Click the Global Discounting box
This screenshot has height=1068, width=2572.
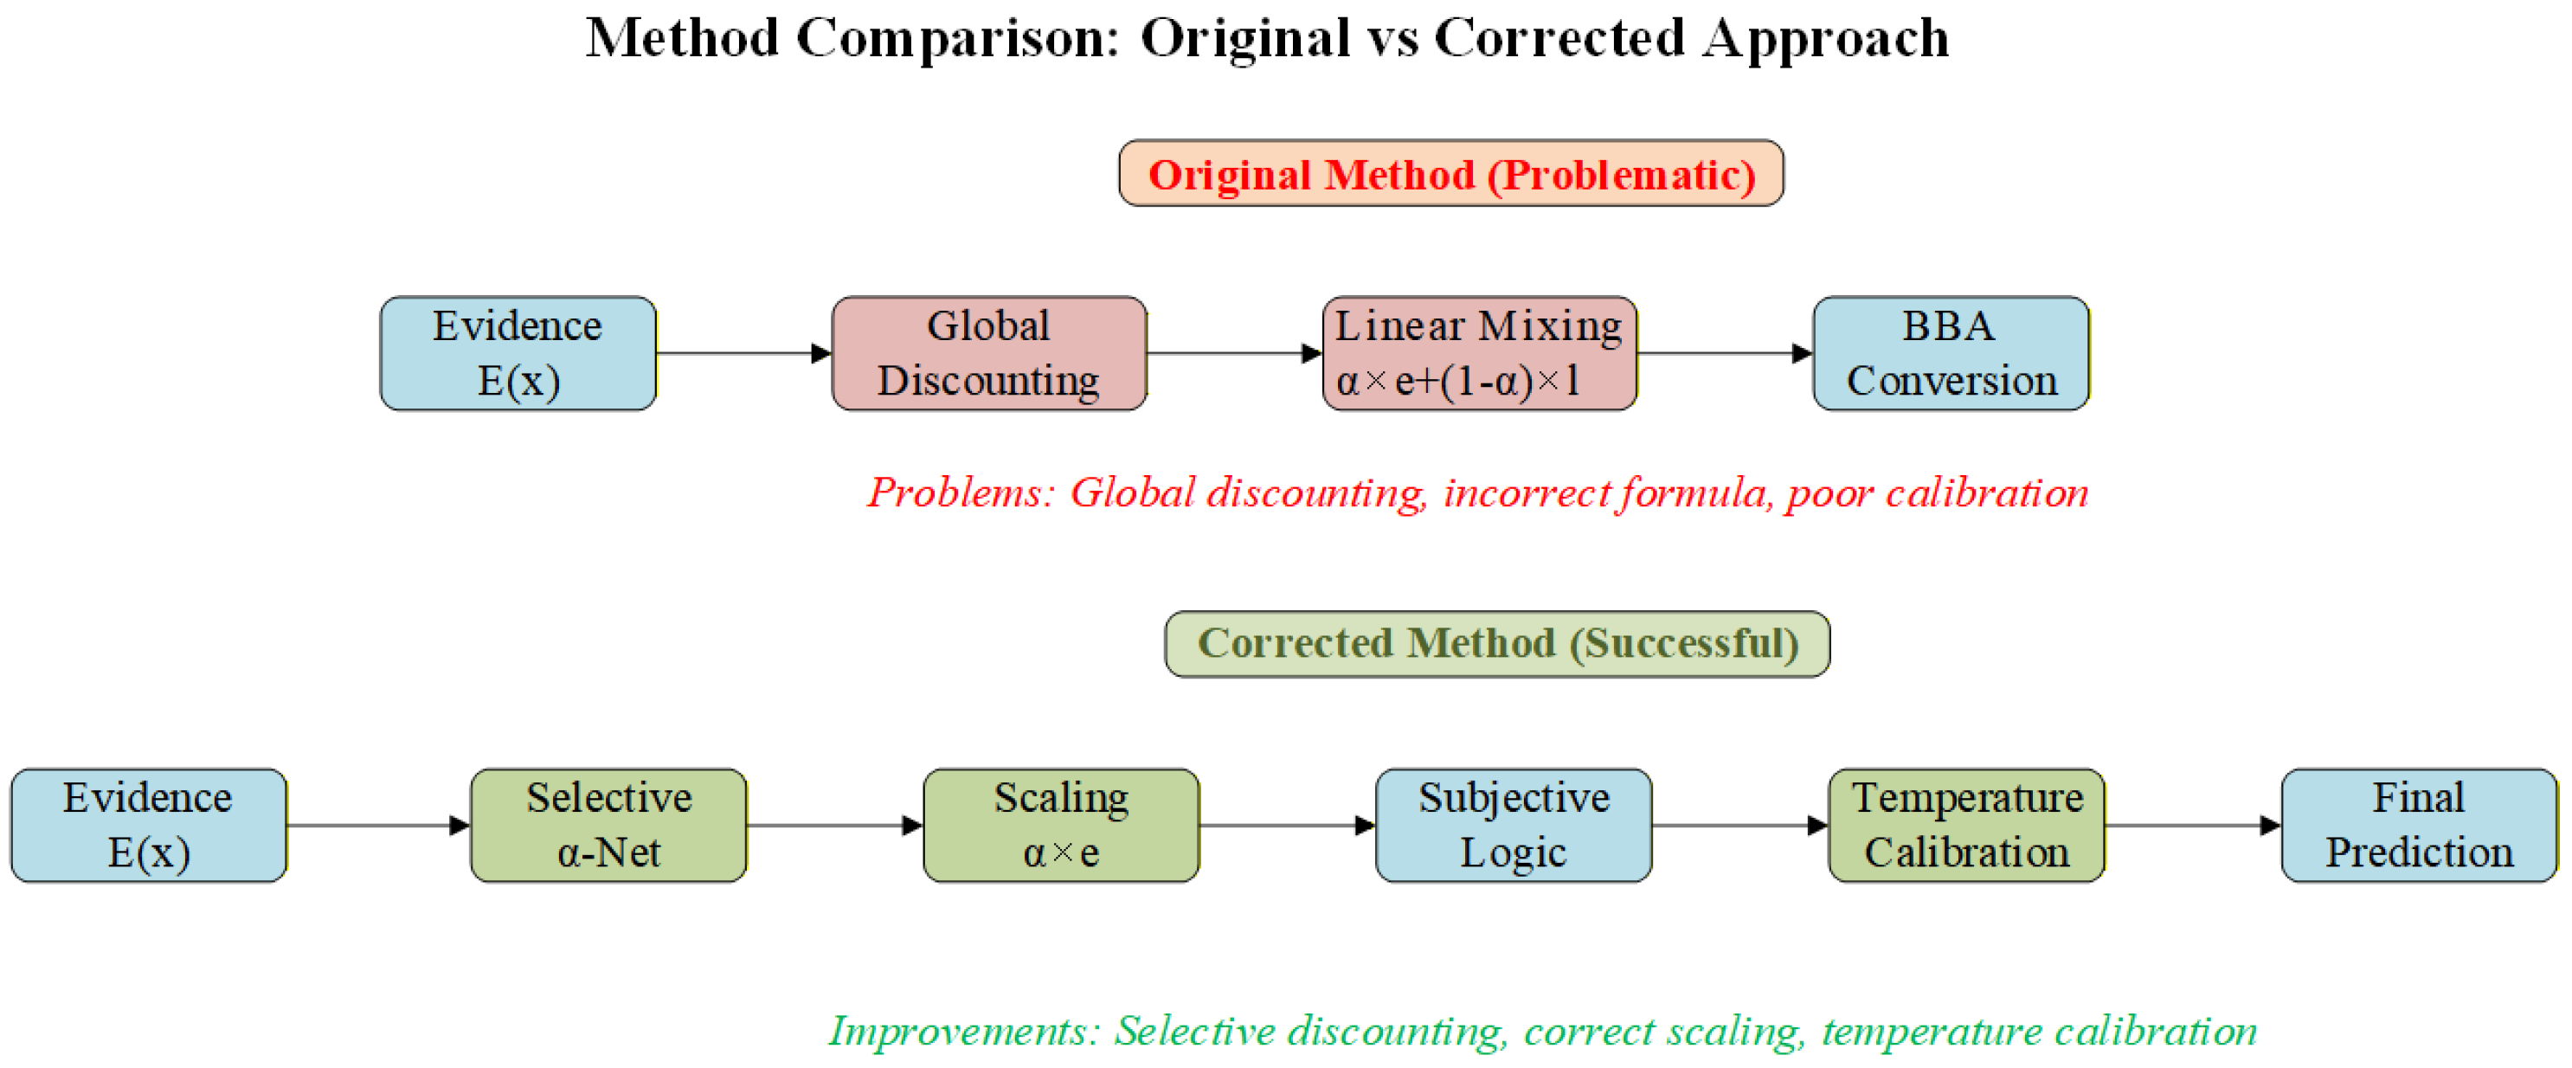pos(988,353)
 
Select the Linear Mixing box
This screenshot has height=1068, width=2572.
pos(1479,353)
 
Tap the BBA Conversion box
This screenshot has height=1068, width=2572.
pos(1951,353)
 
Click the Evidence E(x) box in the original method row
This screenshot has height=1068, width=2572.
pos(518,353)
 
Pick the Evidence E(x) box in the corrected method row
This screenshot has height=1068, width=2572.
pos(149,826)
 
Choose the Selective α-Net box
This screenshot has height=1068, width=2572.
pos(609,826)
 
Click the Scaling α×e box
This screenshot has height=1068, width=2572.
pos(1061,826)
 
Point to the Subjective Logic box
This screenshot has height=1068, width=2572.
pos(1514,826)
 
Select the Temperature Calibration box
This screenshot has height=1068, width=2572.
pos(1966,826)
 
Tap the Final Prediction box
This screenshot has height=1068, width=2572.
pos(2419,826)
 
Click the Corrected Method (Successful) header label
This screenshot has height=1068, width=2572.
pos(1498,644)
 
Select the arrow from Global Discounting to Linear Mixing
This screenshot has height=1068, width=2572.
pos(1234,353)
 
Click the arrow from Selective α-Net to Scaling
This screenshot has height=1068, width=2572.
pos(835,826)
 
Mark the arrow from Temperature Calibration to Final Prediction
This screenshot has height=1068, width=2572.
pos(2193,826)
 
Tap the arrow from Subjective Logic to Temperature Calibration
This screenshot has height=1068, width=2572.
pos(1739,826)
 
